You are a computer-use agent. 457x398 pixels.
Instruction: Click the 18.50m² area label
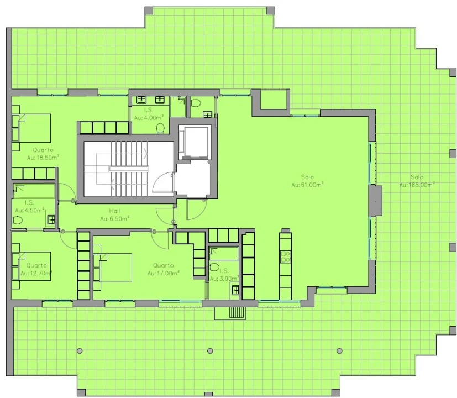(43, 158)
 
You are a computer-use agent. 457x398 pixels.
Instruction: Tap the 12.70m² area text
(36, 273)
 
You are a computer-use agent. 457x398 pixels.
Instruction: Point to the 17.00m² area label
(163, 273)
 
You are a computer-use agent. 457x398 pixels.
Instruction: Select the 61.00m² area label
(307, 185)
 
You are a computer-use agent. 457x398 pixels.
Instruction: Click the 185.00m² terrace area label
(417, 185)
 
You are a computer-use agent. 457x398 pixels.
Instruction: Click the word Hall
(114, 211)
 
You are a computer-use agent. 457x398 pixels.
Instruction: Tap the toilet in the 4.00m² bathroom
(160, 128)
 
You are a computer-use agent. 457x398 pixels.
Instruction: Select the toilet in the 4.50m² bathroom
(18, 220)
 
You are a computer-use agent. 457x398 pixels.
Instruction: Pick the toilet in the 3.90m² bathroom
(214, 267)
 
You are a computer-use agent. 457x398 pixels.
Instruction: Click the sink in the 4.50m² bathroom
(51, 219)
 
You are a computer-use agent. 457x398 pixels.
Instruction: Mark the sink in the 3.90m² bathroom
(235, 290)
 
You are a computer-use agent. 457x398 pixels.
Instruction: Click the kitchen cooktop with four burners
(285, 257)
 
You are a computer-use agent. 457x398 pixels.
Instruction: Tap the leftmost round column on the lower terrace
(80, 351)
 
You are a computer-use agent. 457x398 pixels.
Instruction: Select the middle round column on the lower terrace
(210, 351)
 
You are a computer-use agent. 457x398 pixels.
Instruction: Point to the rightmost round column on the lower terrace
(339, 351)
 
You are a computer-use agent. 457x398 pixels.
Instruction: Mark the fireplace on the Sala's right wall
(375, 201)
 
